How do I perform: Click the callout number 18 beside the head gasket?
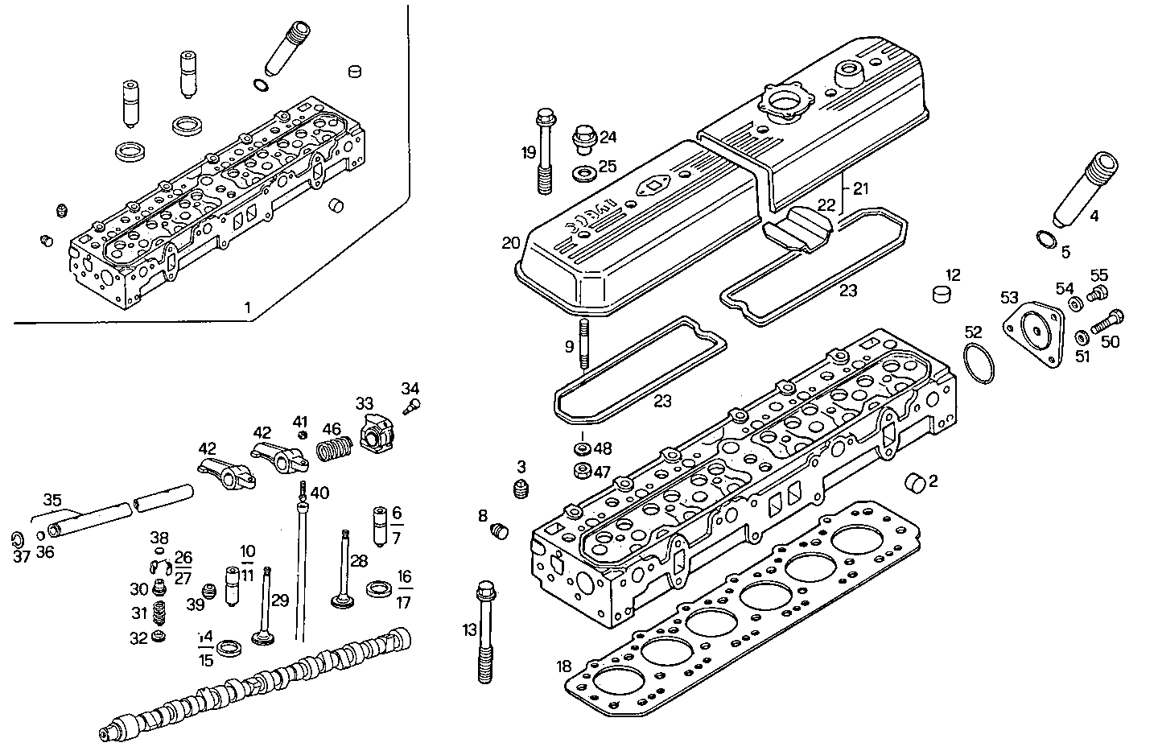(563, 666)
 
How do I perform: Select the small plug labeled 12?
(940, 293)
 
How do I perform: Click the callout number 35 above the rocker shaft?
(52, 500)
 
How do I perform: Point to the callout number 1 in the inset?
(247, 307)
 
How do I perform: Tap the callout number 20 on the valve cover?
(510, 243)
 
